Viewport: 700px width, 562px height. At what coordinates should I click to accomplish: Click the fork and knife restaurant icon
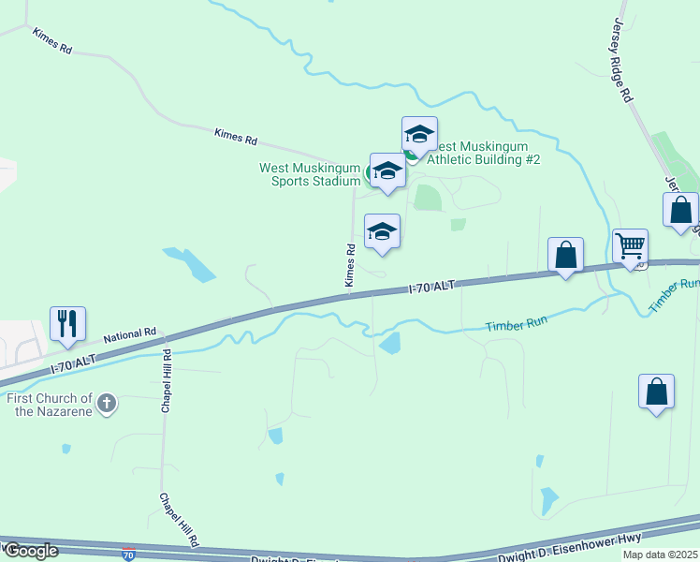pos(68,323)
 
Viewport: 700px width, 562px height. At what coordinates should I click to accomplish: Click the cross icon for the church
pos(108,404)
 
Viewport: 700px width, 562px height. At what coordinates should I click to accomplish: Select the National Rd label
pos(129,334)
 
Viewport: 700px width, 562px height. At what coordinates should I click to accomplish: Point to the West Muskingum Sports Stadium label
pos(309,175)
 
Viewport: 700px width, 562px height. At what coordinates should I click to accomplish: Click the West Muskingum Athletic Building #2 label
pos(482,153)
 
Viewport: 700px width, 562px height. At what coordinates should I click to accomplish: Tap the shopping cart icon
pos(631,246)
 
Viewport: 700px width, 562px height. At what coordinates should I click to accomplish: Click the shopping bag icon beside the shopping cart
pos(566,255)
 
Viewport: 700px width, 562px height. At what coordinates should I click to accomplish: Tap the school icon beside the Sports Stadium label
pos(387,170)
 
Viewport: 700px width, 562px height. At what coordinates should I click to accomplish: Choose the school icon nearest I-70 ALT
pos(382,231)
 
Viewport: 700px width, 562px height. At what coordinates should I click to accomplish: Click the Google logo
pos(31,551)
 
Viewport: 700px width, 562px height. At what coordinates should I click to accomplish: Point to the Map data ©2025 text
pos(660,555)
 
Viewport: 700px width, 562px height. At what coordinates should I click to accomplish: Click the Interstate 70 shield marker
pos(129,555)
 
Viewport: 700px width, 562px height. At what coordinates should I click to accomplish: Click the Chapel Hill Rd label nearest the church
pos(167,381)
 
